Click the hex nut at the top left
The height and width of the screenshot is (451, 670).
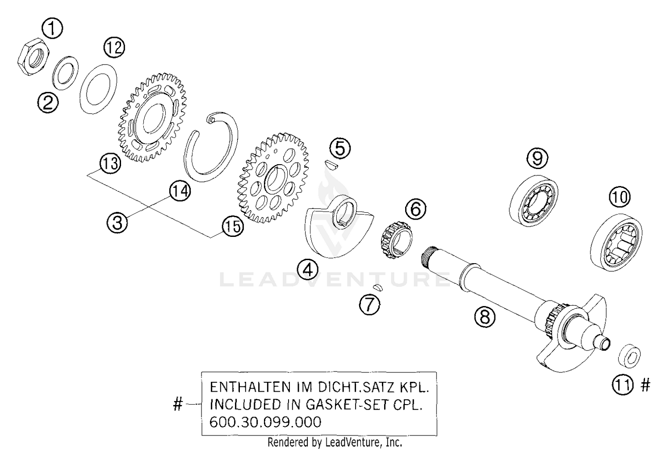pyautogui.click(x=33, y=56)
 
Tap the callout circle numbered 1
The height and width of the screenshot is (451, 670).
pyautogui.click(x=52, y=29)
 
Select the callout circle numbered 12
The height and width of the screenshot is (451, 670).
pyautogui.click(x=114, y=47)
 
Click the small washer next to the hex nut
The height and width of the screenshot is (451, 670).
pyautogui.click(x=66, y=73)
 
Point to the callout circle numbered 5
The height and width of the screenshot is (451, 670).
pyautogui.click(x=340, y=148)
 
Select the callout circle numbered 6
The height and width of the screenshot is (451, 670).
pyautogui.click(x=415, y=208)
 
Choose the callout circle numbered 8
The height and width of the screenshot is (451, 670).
pyautogui.click(x=485, y=317)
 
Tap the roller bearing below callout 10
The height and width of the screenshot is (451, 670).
pyautogui.click(x=616, y=244)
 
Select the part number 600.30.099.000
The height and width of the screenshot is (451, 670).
pyautogui.click(x=265, y=422)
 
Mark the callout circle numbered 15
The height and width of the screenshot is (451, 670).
pyautogui.click(x=233, y=227)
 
